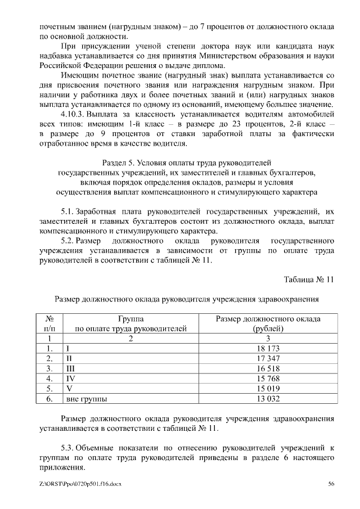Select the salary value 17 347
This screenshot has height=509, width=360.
tap(268, 359)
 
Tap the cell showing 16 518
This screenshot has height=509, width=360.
tap(268, 369)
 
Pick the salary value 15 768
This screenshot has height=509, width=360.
tap(268, 379)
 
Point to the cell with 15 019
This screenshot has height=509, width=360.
tap(268, 389)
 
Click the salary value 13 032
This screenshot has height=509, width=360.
tap(268, 399)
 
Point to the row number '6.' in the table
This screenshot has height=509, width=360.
tap(49, 399)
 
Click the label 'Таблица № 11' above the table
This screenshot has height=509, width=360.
tap(309, 279)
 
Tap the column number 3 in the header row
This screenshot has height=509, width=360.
tap(268, 339)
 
